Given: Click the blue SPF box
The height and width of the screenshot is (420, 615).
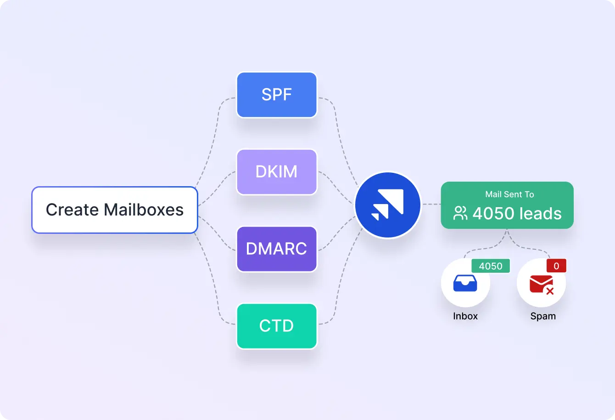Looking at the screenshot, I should tap(277, 95).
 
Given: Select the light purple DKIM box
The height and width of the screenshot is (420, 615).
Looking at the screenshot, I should tap(277, 172).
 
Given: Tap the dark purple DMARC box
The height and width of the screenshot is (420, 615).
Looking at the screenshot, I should tap(277, 249).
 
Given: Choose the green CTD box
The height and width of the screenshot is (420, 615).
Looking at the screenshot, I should tap(277, 326).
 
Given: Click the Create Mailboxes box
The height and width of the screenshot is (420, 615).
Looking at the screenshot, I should tap(114, 210).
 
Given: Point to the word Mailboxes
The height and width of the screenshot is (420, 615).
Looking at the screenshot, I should tap(144, 210).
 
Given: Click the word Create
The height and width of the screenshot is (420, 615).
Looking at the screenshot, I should tap(72, 210).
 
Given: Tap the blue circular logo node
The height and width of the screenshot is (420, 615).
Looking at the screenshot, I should tap(388, 205).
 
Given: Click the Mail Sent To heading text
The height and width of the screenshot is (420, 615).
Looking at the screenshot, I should tap(509, 194).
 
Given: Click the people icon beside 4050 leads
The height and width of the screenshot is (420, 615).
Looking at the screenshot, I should tap(460, 213).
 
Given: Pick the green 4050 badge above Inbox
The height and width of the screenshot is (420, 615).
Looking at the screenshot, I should tap(491, 266).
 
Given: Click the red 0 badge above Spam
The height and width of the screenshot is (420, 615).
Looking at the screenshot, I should tap(556, 266).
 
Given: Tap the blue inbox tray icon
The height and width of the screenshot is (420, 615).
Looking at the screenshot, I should tap(465, 283).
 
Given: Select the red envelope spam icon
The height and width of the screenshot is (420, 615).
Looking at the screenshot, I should tap(540, 283).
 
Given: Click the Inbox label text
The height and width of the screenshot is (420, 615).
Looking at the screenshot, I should tap(465, 316).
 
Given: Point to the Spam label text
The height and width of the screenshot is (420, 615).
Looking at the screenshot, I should tap(543, 316).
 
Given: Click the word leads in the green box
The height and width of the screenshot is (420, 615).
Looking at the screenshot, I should tap(541, 214).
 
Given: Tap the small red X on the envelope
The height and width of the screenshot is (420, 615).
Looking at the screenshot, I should tap(549, 291).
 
